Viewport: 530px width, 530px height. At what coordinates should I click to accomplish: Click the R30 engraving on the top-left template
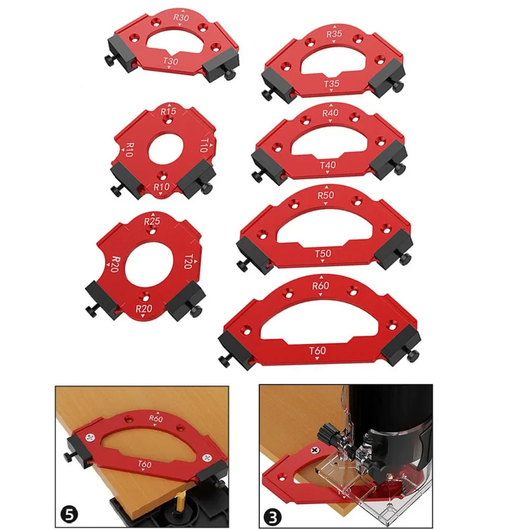click(x=181, y=17)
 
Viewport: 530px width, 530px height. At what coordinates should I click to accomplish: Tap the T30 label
click(x=170, y=61)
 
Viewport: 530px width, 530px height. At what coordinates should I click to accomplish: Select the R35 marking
click(x=334, y=34)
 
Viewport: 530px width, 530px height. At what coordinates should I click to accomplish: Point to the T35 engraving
click(x=331, y=84)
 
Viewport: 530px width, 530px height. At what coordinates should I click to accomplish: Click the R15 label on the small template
click(x=168, y=111)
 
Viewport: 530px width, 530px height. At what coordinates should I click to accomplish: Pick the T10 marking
click(x=203, y=145)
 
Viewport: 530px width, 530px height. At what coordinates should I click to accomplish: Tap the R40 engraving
click(x=330, y=113)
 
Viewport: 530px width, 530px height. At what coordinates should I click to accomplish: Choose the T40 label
click(x=328, y=165)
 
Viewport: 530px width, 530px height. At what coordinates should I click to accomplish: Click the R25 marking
click(x=152, y=221)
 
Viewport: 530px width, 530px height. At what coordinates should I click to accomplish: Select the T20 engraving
click(x=188, y=262)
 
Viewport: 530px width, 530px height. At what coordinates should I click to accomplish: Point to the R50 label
click(x=326, y=195)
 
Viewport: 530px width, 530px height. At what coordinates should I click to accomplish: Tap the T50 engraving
click(x=323, y=253)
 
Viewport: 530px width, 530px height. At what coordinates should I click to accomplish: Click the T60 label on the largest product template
click(x=317, y=351)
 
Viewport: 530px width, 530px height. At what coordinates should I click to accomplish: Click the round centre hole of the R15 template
click(x=166, y=149)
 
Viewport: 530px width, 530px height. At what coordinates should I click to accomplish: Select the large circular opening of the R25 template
click(x=149, y=264)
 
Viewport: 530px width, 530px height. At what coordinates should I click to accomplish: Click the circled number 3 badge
click(x=273, y=517)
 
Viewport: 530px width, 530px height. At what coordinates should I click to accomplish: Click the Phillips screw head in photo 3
click(x=315, y=451)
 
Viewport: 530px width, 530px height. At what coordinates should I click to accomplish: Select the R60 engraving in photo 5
click(x=156, y=418)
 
